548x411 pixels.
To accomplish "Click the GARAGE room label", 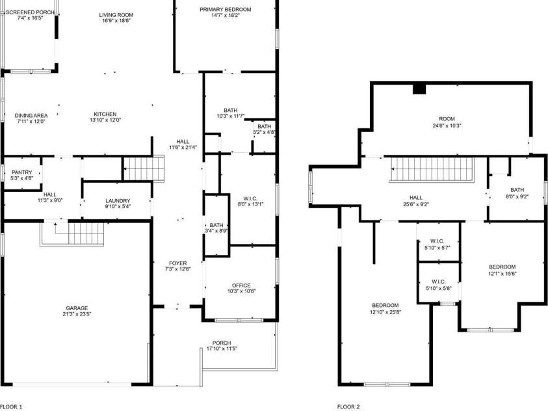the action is tap(77, 308).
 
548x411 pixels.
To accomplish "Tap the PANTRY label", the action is tap(21, 172).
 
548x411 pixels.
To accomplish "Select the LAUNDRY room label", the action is tap(118, 200).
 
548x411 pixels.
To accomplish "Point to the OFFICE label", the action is tap(241, 285).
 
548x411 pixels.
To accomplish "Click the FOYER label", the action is tap(178, 263).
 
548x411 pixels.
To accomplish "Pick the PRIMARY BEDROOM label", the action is tap(226, 10).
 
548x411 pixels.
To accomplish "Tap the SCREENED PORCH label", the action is tap(31, 12).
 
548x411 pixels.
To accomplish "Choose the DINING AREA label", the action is tap(31, 115).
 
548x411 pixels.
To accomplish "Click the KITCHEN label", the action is tap(105, 114).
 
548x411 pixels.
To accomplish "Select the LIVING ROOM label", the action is tap(116, 15).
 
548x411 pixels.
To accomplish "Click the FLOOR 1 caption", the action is tap(11, 406).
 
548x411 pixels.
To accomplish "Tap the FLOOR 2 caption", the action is tap(348, 406).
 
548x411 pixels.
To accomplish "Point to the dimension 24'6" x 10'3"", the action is tap(447, 125).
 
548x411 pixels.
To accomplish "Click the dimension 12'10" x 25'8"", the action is tap(385, 312).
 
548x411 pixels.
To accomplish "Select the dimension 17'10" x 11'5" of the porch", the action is tap(222, 349).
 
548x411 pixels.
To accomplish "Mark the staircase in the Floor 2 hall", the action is tap(432, 170).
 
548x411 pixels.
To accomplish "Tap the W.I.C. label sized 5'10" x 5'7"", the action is tap(437, 241).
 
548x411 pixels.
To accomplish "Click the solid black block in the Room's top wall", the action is tap(419, 89).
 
